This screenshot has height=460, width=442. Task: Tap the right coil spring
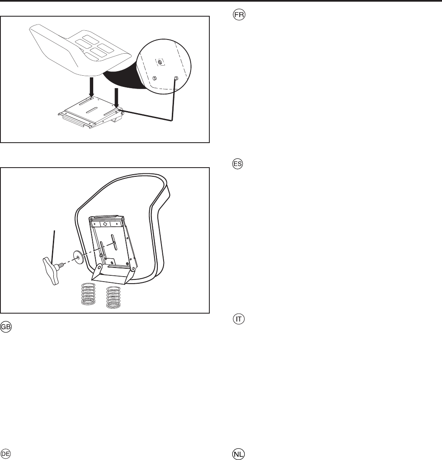pyautogui.click(x=114, y=298)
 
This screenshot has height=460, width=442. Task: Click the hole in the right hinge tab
pyautogui.click(x=132, y=269)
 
